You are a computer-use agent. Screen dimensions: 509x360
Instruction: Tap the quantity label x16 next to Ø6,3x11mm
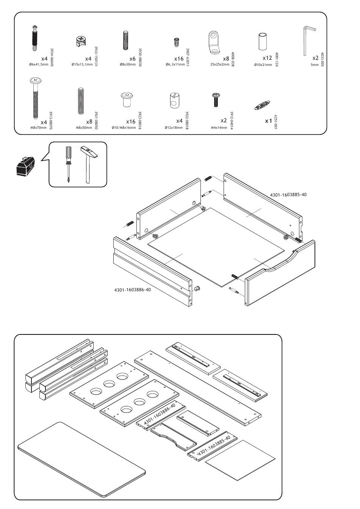pos(179,59)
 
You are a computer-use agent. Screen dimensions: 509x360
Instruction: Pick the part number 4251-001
pos(276,121)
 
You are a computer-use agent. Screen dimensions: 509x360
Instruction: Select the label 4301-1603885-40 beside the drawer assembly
pos(288,195)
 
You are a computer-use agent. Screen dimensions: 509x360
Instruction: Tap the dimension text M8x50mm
pos(84,128)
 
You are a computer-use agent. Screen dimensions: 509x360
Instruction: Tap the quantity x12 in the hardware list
pos(267,58)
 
